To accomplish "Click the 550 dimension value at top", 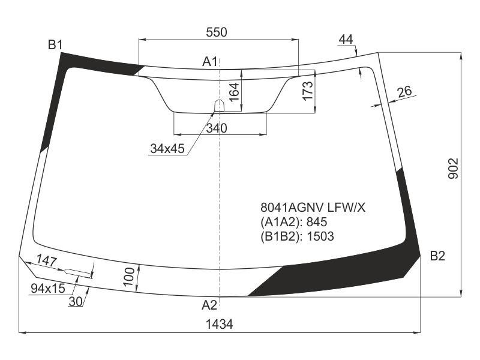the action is pyautogui.click(x=217, y=32).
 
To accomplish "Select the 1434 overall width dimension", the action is pyautogui.click(x=219, y=324).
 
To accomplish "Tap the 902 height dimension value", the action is pyautogui.click(x=453, y=169).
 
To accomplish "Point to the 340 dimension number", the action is pyautogui.click(x=217, y=128).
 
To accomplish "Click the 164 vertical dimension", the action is pyautogui.click(x=234, y=92).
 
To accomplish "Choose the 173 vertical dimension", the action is pyautogui.click(x=308, y=91).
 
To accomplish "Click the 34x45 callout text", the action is pyautogui.click(x=167, y=149).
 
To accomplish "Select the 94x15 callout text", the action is pyautogui.click(x=48, y=289).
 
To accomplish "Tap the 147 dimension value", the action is pyautogui.click(x=47, y=260).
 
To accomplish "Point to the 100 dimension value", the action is pyautogui.click(x=129, y=277).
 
